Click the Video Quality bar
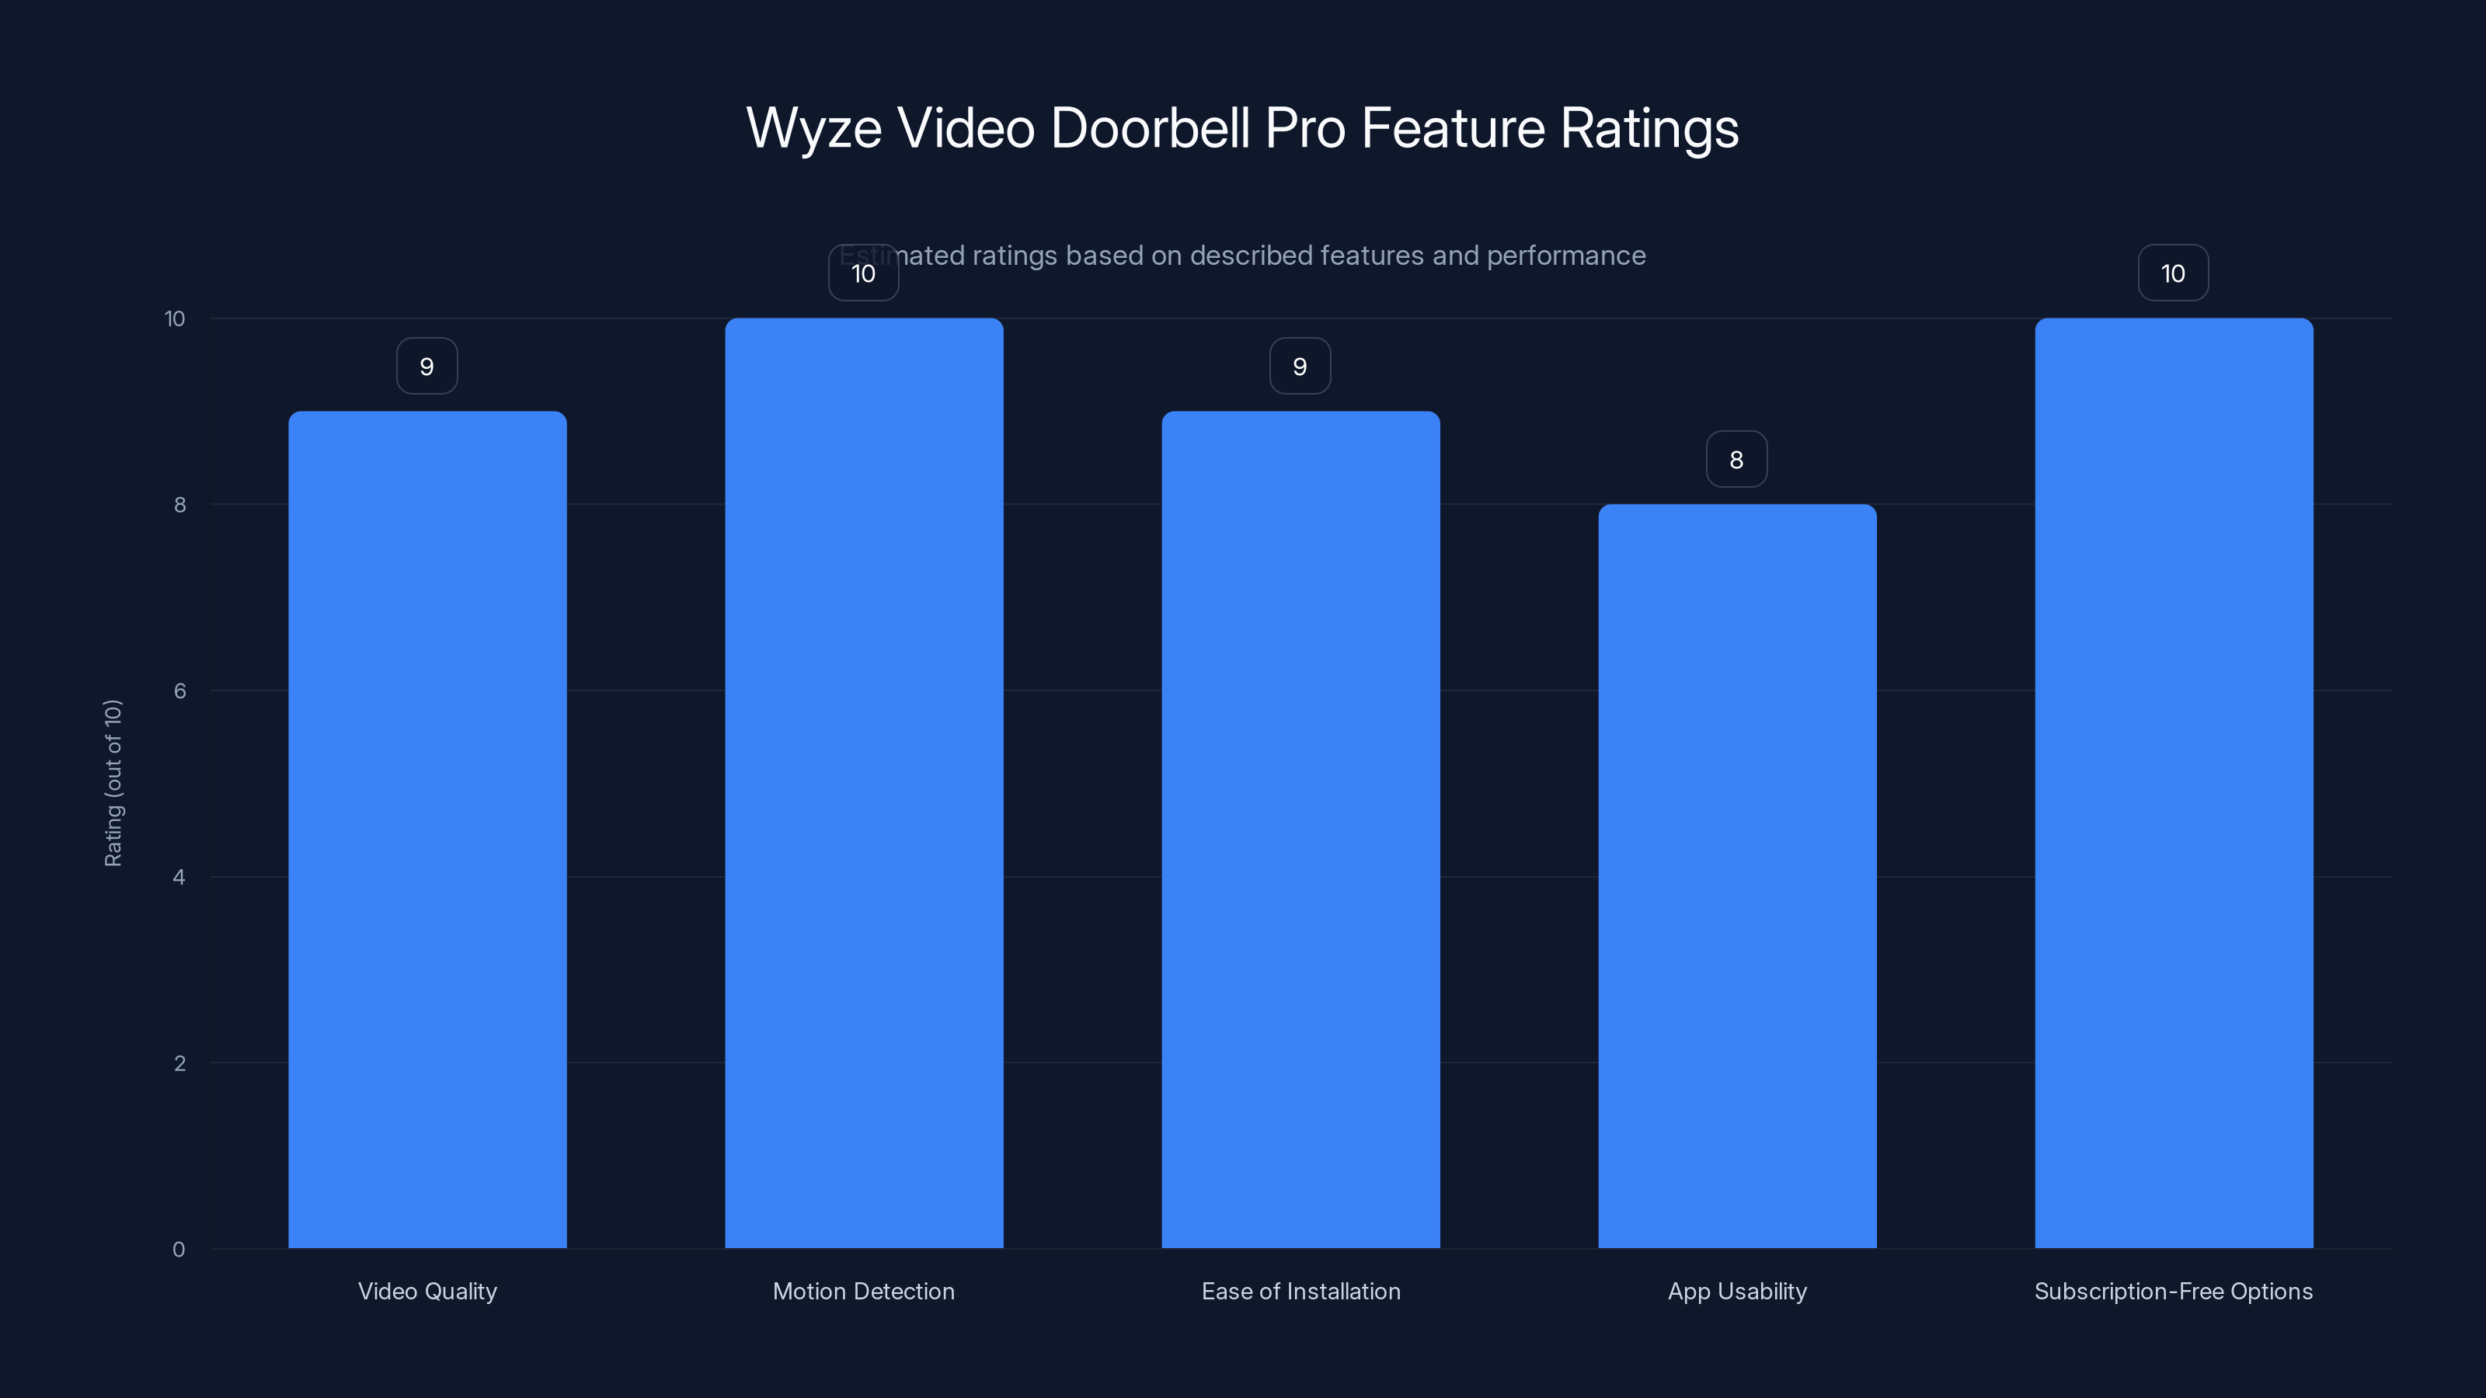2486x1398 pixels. pyautogui.click(x=427, y=829)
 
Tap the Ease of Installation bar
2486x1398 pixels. pyautogui.click(x=1300, y=829)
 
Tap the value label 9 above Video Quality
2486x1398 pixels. pyautogui.click(x=427, y=367)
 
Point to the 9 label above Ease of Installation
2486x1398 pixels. pyautogui.click(x=1300, y=367)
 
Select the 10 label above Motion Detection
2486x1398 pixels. pyautogui.click(x=864, y=274)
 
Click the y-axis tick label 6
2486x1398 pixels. pyautogui.click(x=179, y=690)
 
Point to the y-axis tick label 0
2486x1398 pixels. pyautogui.click(x=179, y=1250)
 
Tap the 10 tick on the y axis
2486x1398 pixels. pyautogui.click(x=175, y=319)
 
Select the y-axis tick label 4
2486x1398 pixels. pyautogui.click(x=179, y=877)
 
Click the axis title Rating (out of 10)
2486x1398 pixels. pyautogui.click(x=113, y=784)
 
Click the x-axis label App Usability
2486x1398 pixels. pyautogui.click(x=1737, y=1291)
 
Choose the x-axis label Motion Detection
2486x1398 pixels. pyautogui.click(x=864, y=1291)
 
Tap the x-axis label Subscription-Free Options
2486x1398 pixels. pyautogui.click(x=2174, y=1291)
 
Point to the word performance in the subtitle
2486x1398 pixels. pyautogui.click(x=1565, y=256)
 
